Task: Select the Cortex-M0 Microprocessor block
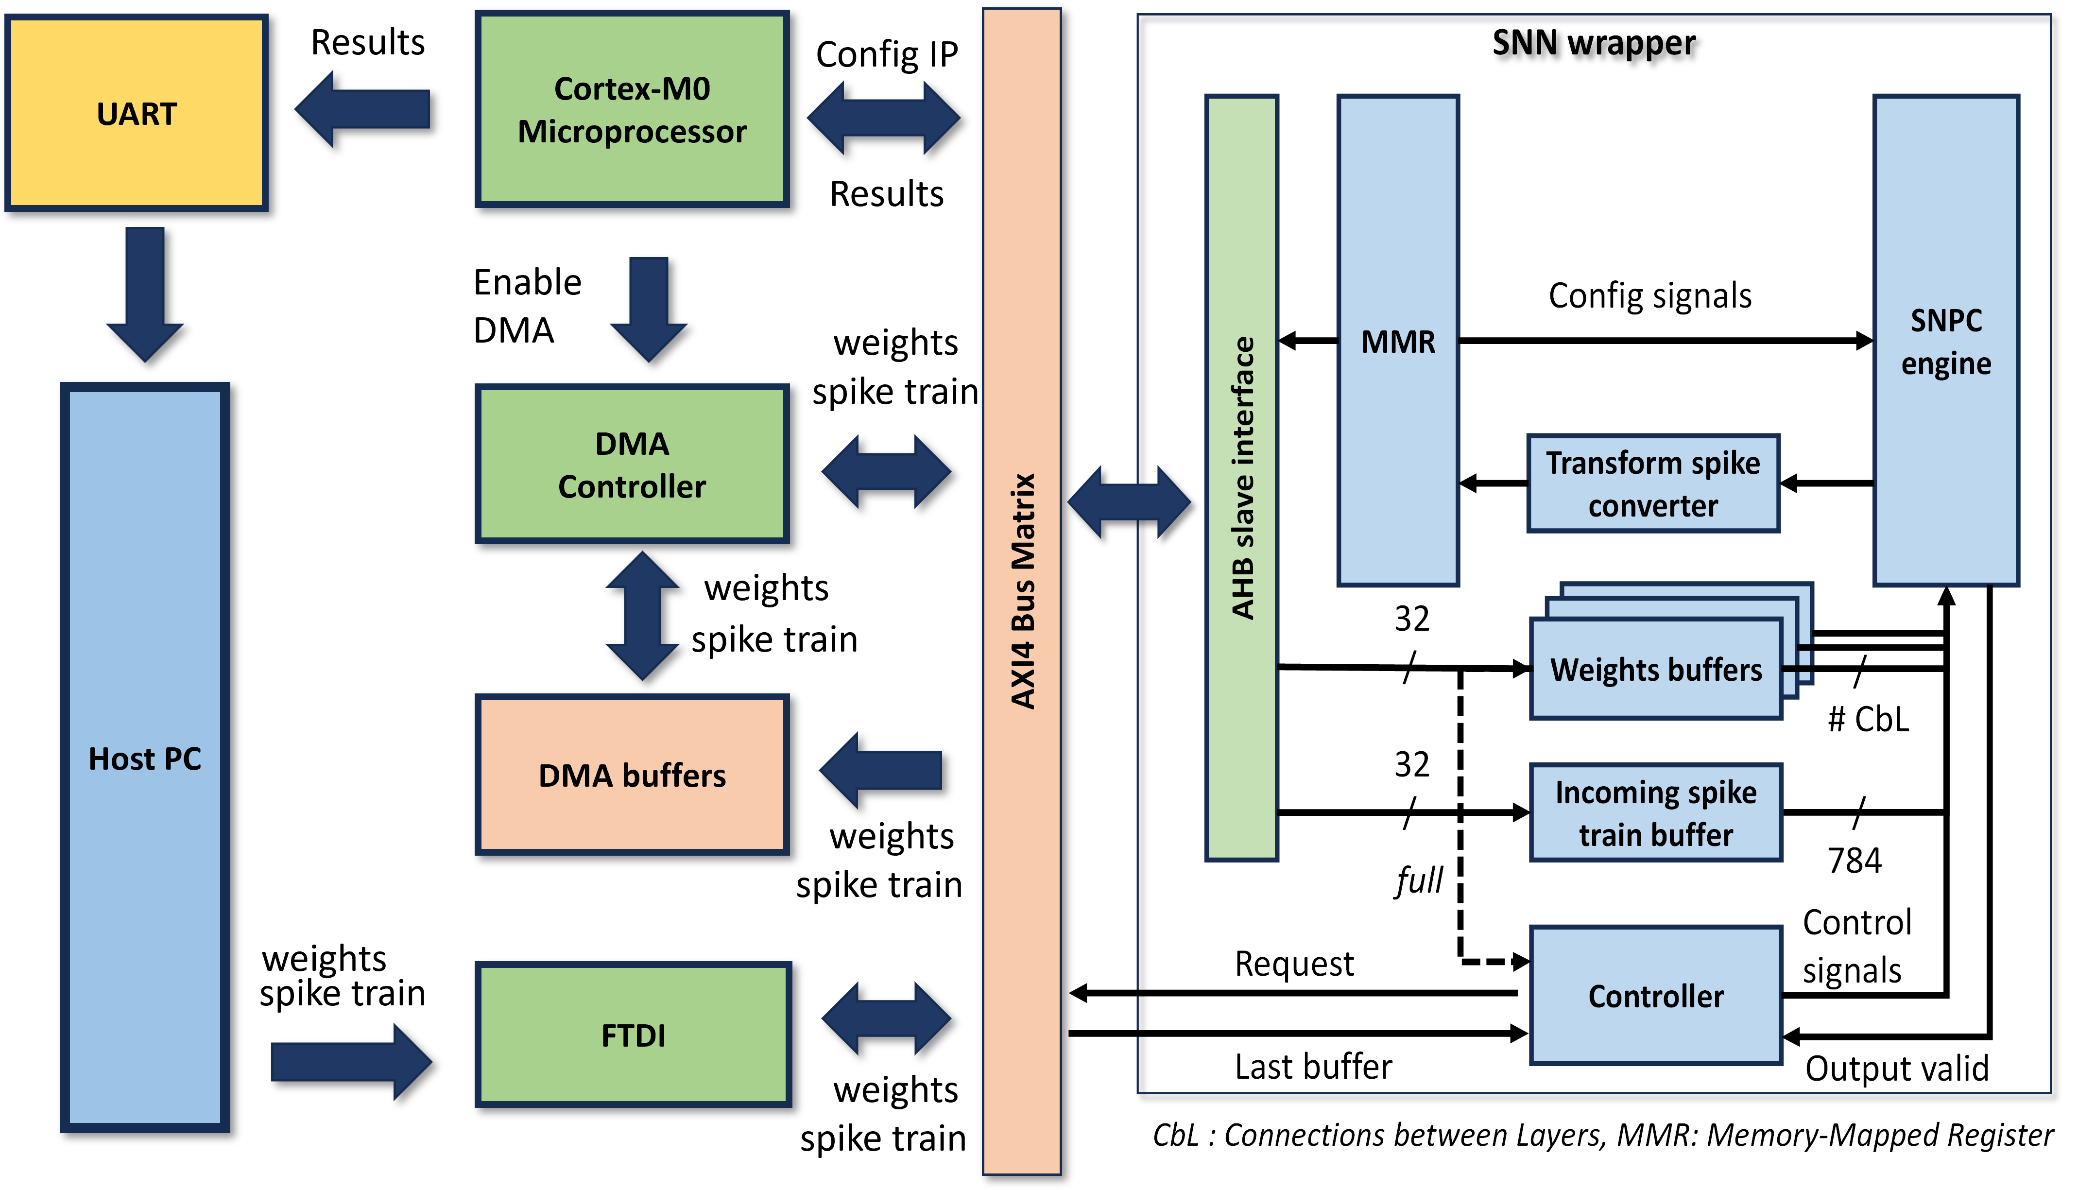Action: coord(632,109)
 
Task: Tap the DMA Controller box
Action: coord(632,464)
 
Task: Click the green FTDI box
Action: coord(633,1035)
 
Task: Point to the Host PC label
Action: coord(145,759)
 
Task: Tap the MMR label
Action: coord(1398,342)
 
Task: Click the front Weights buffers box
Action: coord(1655,670)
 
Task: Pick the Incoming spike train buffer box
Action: coord(1655,813)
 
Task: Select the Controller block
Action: coord(1655,996)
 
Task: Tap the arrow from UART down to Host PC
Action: coord(145,294)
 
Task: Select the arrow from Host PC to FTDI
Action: coord(351,1062)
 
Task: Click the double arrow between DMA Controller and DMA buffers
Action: coord(642,616)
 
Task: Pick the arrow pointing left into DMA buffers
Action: coord(881,770)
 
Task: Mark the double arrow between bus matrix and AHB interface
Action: coord(1128,502)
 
